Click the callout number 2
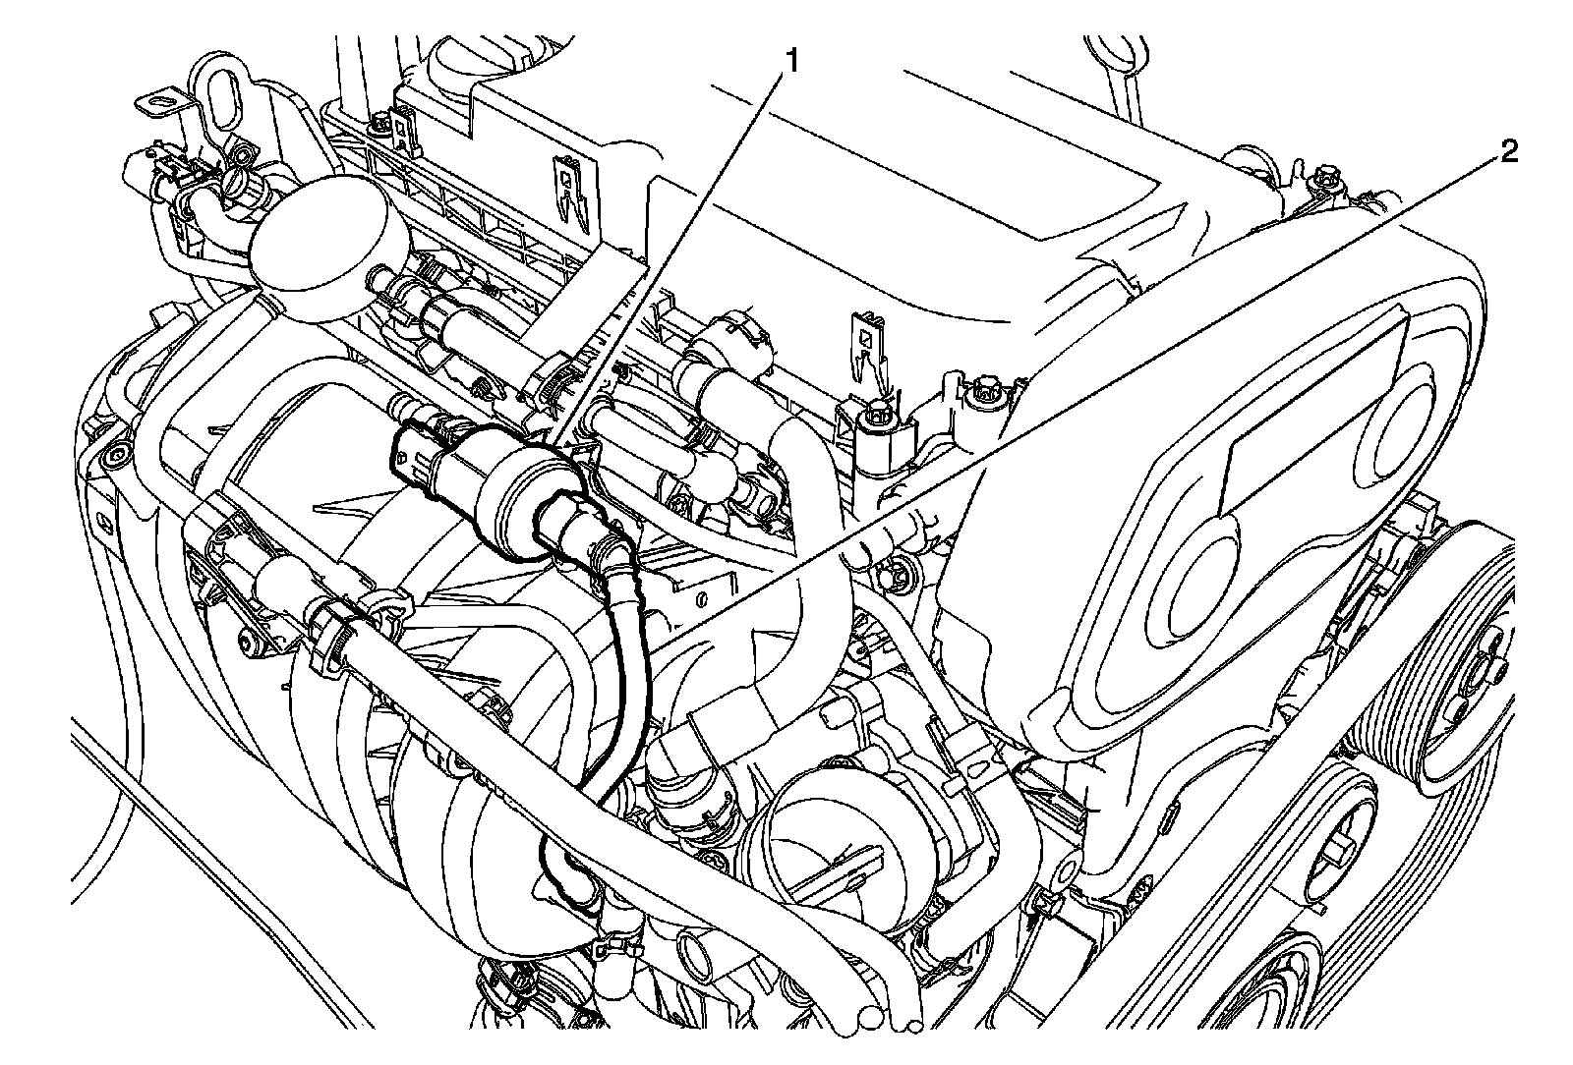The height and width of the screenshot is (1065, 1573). (1508, 152)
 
